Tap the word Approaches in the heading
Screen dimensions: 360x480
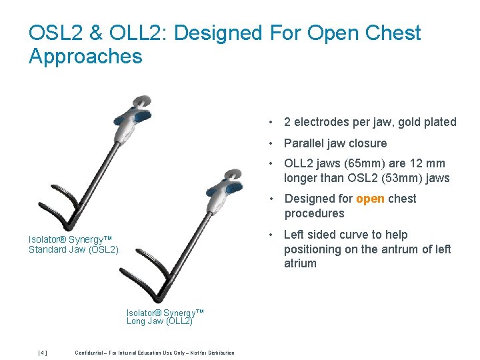85,57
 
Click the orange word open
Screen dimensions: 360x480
370,199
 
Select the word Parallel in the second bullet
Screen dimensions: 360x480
304,143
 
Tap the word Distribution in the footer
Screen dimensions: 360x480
221,353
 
